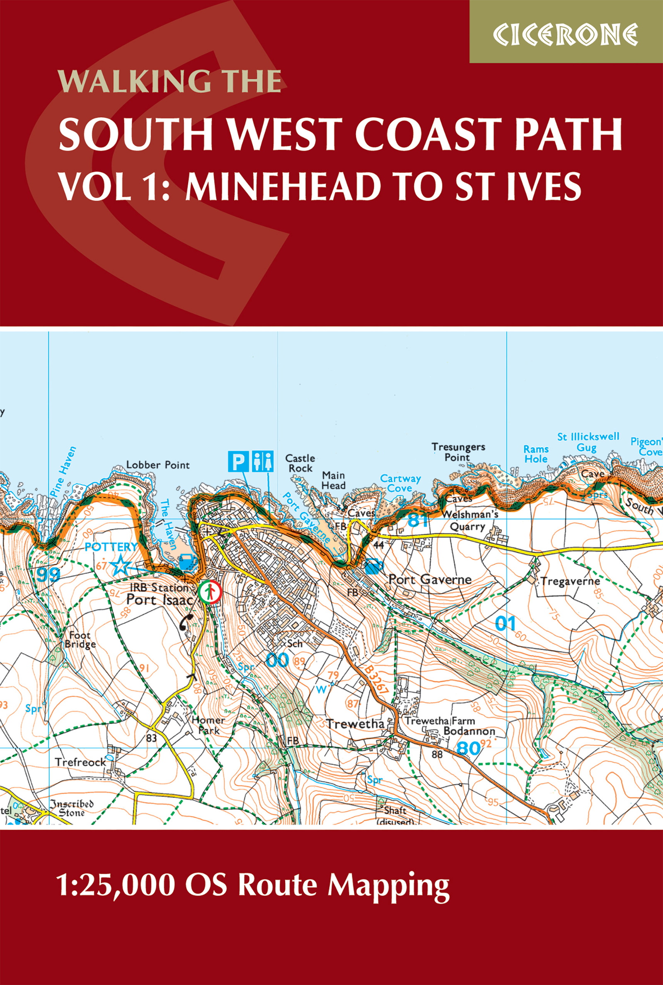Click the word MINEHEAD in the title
click(x=281, y=186)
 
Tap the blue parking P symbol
click(x=239, y=462)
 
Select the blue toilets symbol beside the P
click(x=263, y=462)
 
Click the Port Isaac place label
click(x=160, y=600)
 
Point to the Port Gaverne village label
click(x=430, y=580)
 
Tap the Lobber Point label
click(x=158, y=465)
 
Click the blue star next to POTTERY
click(x=121, y=566)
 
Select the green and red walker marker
click(x=210, y=591)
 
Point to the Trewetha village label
click(x=355, y=724)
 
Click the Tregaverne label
click(x=570, y=582)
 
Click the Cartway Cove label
click(x=400, y=483)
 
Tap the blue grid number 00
click(x=277, y=659)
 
